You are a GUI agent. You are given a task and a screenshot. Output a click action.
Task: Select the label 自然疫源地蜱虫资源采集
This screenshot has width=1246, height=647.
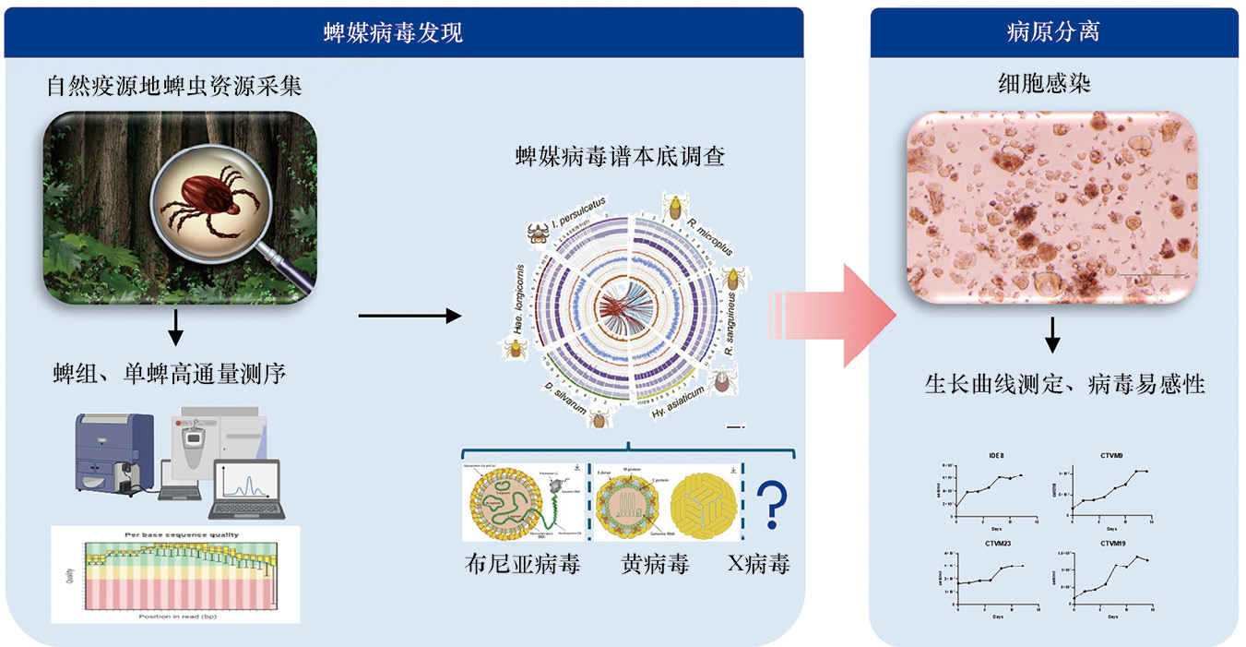click(x=175, y=88)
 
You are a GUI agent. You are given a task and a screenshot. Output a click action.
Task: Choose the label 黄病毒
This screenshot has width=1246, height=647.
click(x=655, y=564)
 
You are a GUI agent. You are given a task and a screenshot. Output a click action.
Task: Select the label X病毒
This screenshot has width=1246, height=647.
click(x=758, y=564)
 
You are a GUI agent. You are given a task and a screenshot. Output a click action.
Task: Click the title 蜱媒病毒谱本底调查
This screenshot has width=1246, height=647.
click(x=620, y=157)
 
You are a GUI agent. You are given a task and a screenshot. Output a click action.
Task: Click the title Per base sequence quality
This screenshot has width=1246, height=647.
click(x=177, y=534)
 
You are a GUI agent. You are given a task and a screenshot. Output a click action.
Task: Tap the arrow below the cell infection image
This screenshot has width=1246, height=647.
click(x=1051, y=338)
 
